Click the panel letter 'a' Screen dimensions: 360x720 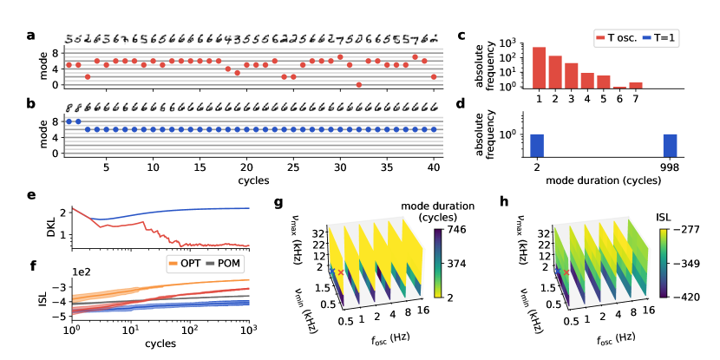(30, 36)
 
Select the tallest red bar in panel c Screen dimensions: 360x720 (540, 68)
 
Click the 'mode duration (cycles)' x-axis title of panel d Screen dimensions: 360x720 (605, 183)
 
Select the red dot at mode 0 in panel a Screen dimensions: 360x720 (359, 84)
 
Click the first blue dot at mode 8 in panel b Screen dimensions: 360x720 (69, 121)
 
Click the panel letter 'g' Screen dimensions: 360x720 (277, 205)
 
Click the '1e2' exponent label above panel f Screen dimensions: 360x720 (80, 270)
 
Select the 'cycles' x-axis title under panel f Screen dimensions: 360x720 (159, 344)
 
